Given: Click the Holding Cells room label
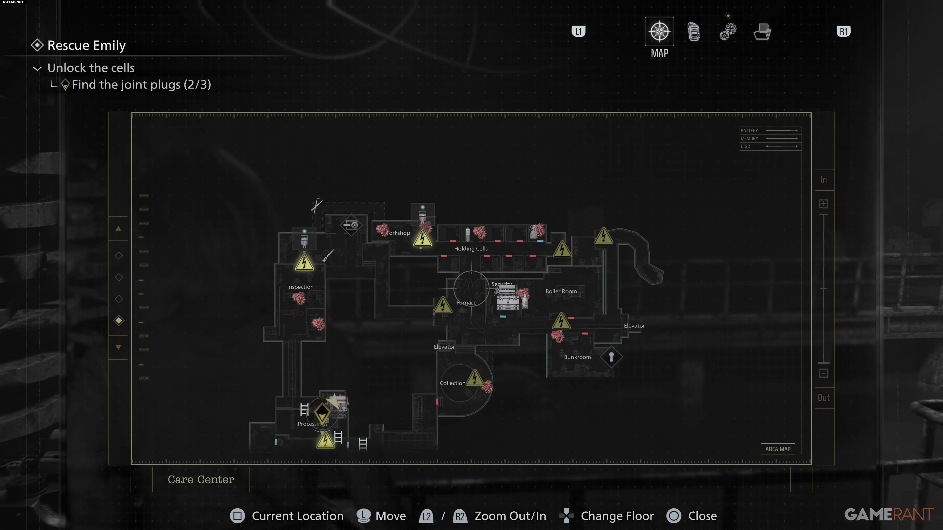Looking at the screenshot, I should tap(471, 249).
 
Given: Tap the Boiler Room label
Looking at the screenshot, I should tap(561, 291).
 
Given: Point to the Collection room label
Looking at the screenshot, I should tap(452, 383).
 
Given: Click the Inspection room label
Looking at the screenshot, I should tap(300, 287).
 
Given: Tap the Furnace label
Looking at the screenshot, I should tap(466, 303).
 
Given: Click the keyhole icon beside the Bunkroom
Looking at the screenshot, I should tap(611, 356).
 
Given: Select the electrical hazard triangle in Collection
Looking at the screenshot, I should tap(474, 377).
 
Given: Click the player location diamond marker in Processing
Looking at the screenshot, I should tap(322, 412).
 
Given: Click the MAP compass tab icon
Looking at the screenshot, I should tap(659, 31).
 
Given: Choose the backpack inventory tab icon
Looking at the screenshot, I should tap(693, 31).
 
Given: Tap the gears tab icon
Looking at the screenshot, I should tap(728, 31).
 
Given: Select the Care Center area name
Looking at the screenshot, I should tap(201, 479).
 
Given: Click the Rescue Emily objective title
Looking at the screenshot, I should tap(86, 45).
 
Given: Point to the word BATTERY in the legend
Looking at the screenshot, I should tap(749, 131).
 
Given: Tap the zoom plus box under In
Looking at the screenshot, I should tap(823, 204).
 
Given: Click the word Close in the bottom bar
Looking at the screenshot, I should tap(702, 516).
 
